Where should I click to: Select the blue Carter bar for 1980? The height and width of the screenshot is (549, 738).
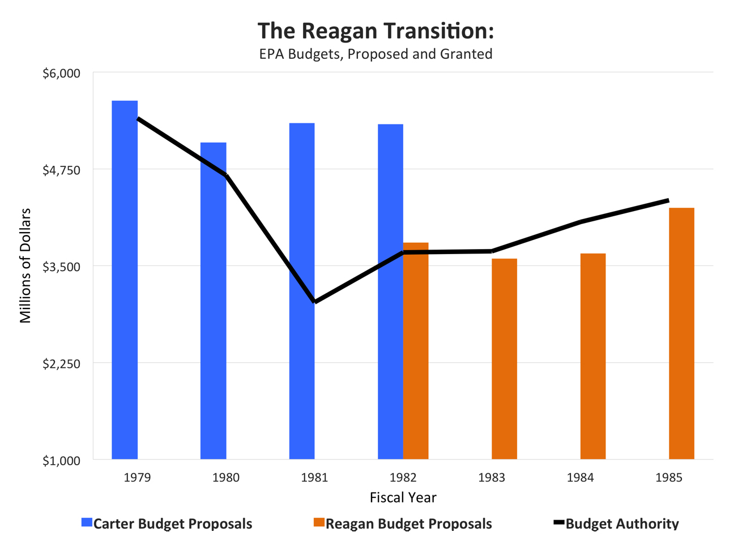214,301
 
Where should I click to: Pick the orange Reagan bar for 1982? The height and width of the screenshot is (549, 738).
416,351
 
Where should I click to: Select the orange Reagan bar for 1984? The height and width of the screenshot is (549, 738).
593,357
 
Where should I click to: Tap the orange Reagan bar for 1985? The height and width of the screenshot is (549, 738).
681,333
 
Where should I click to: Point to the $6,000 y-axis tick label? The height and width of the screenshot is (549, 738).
62,74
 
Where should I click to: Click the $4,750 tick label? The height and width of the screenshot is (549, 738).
62,170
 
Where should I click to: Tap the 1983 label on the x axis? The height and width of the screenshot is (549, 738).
492,478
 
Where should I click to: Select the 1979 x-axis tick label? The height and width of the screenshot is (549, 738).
137,478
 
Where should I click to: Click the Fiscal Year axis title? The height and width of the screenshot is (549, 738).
403,497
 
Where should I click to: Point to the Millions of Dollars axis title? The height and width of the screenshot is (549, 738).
25,266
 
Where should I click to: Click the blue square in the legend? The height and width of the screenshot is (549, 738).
87,522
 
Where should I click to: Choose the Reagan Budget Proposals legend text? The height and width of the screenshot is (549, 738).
408,524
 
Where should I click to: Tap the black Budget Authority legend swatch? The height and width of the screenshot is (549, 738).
558,522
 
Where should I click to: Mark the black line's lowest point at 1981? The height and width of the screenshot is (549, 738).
315,302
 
